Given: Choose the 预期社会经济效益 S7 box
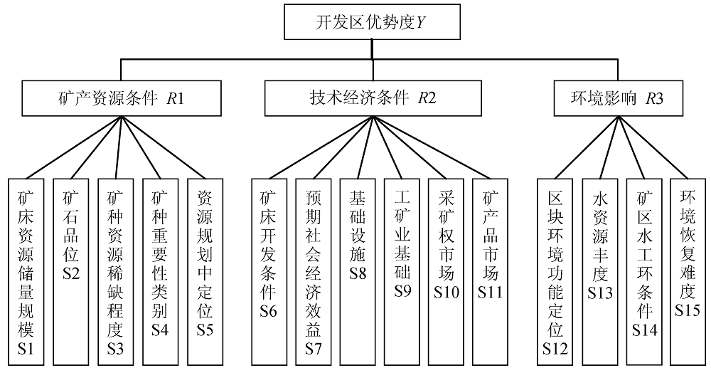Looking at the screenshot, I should [314, 270].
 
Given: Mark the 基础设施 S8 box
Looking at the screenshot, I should [358, 270].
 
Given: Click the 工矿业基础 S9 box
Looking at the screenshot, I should [402, 270].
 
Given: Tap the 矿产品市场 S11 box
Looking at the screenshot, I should [491, 270].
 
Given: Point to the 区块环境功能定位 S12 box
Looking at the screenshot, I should [555, 270].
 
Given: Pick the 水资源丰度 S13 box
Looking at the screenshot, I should [600, 270].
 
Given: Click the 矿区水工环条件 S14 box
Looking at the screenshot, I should [645, 270].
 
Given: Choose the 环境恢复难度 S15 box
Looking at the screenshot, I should [688, 270].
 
